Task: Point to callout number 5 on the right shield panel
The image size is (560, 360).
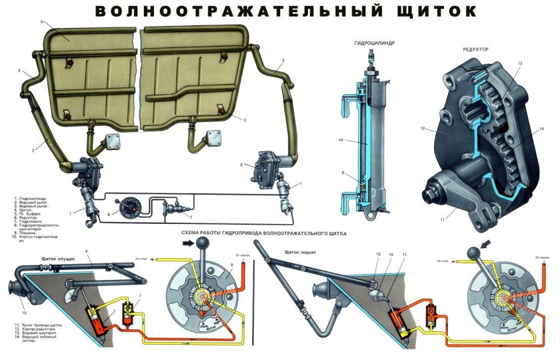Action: click(x=245, y=120)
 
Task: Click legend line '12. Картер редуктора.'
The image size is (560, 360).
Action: click(x=36, y=331)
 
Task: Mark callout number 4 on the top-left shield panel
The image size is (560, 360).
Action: click(x=41, y=22)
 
